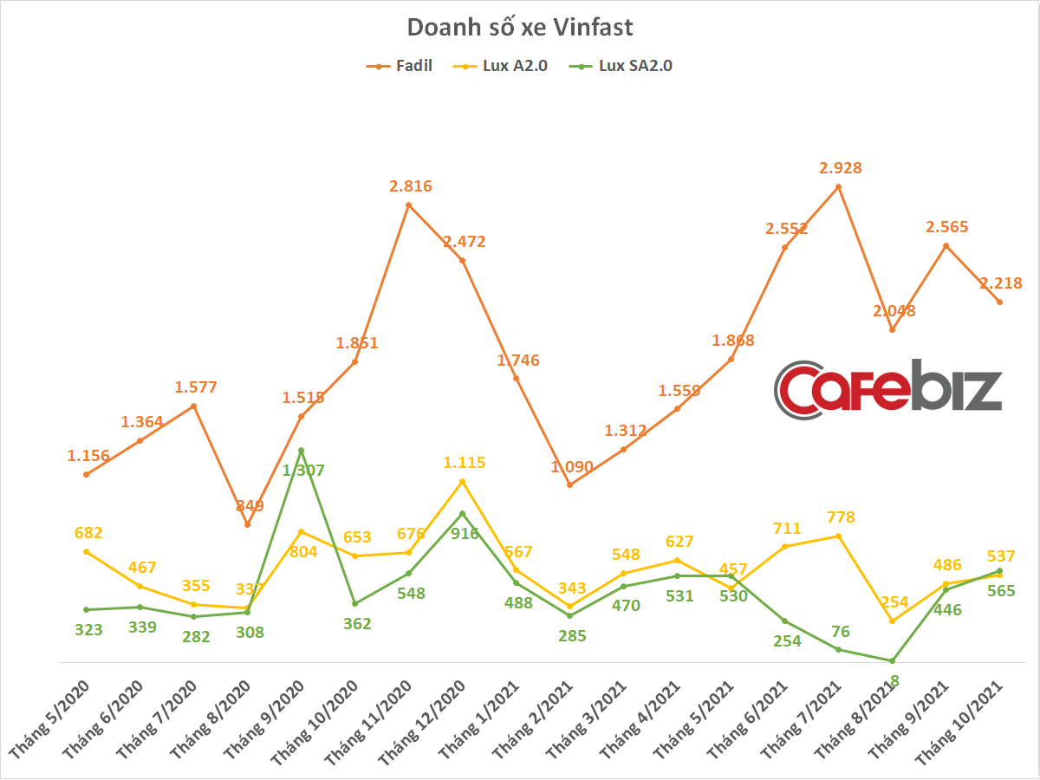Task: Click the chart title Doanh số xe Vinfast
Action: (520, 27)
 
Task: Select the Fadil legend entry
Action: (399, 66)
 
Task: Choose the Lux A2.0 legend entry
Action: (500, 66)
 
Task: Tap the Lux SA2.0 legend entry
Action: (621, 66)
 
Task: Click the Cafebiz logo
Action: (888, 389)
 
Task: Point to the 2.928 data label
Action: (841, 167)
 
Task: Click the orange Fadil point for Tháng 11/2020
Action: (408, 205)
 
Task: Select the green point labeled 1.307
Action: (301, 451)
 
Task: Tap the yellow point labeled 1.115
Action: (463, 482)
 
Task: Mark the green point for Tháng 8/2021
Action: (892, 660)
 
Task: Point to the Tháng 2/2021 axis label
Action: (532, 719)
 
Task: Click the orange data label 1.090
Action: (572, 467)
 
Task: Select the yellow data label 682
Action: (88, 533)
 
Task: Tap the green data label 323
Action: (88, 629)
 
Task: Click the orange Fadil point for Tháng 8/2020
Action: (247, 524)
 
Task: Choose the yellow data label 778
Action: (841, 517)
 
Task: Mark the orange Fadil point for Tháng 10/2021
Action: (1000, 302)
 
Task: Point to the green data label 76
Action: (841, 631)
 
